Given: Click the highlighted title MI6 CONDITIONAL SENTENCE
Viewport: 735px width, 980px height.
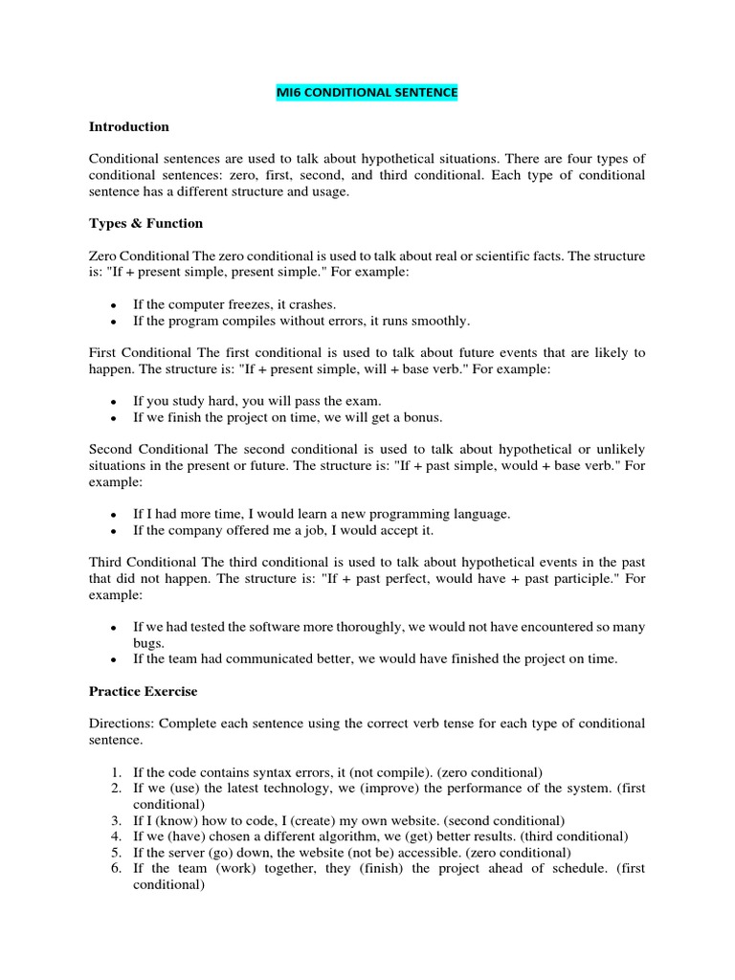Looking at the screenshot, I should (x=367, y=93).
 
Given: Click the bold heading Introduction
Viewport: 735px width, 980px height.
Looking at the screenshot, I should (x=128, y=126).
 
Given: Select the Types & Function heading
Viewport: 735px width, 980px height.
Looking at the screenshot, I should (x=145, y=223).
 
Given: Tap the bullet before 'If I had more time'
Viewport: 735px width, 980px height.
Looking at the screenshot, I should (x=113, y=515).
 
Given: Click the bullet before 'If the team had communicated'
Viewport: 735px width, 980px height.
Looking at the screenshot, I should (x=113, y=659).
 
